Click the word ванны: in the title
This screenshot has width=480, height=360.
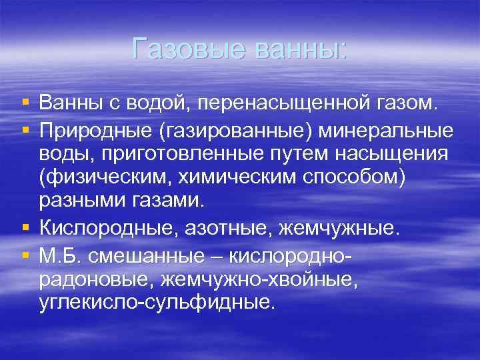point(297,49)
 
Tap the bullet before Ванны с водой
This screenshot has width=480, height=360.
point(25,103)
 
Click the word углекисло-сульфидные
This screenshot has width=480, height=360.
point(156,303)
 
